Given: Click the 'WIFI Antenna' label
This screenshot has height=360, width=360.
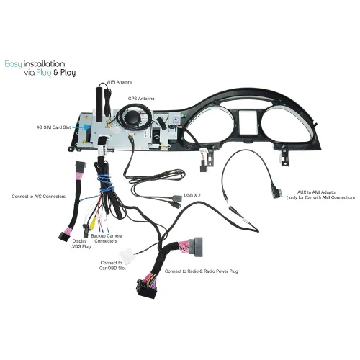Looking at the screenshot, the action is click(120, 82).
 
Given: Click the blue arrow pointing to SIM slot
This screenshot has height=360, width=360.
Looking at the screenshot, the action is click(81, 127).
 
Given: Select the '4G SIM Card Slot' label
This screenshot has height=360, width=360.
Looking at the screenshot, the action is click(53, 127).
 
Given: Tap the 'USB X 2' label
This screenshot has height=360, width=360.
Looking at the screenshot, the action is click(192, 195).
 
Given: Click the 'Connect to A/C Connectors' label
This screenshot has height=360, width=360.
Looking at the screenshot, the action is click(38, 197).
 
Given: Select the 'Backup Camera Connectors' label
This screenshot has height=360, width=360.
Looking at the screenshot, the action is click(107, 238).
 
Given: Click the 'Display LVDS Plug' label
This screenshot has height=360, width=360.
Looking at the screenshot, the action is click(80, 243).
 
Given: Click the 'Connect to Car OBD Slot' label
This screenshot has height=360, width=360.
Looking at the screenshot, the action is click(112, 266).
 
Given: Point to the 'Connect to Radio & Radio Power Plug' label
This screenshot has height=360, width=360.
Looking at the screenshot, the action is click(202, 271).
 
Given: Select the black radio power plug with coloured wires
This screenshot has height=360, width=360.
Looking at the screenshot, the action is click(146, 289).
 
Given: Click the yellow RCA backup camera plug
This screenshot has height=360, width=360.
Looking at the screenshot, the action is click(92, 225).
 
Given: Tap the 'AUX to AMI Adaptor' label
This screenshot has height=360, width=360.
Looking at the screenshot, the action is click(317, 192).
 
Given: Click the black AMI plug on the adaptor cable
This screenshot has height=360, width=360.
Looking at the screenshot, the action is click(276, 191).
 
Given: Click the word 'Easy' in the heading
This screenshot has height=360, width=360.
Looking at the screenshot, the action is click(14, 64).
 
